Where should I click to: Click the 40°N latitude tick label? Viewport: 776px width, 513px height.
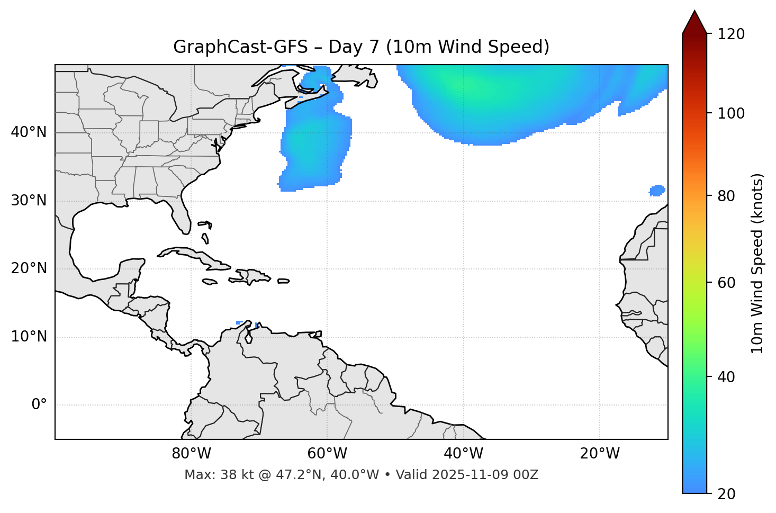click(x=29, y=132)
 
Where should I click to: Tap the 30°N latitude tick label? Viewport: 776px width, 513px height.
click(x=29, y=201)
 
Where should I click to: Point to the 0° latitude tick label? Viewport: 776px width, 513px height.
click(x=39, y=405)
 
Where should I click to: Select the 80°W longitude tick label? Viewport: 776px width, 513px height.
click(x=191, y=454)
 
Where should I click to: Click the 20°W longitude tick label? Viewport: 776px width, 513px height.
click(x=600, y=454)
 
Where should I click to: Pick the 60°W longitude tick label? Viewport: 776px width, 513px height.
click(x=327, y=454)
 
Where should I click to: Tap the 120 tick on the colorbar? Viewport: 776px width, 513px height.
click(x=731, y=34)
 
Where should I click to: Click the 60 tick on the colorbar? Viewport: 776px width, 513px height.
click(x=727, y=283)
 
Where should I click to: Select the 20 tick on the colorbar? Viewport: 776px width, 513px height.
click(x=727, y=493)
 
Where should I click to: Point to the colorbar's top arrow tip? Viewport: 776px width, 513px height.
click(x=694, y=11)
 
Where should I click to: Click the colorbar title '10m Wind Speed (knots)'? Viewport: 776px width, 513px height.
click(x=757, y=263)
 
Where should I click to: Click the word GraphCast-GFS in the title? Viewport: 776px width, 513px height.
click(x=240, y=47)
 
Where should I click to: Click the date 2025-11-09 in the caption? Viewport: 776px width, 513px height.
click(x=472, y=475)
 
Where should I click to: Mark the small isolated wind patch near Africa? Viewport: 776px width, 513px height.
click(x=657, y=190)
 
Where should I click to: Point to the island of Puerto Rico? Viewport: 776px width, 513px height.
click(x=284, y=281)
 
